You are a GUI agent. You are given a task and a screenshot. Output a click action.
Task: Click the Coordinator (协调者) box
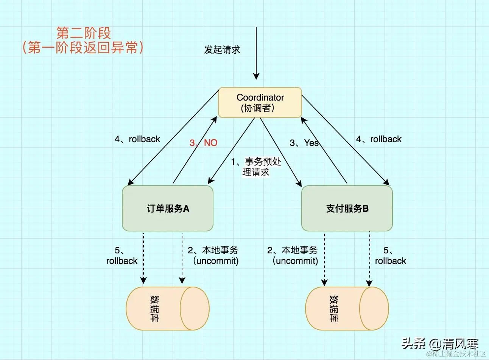(x=260, y=102)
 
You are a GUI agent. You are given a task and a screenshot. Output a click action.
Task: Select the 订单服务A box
(x=168, y=208)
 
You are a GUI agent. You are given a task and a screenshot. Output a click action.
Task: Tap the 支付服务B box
(x=347, y=208)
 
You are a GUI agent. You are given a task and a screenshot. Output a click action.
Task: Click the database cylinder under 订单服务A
(x=167, y=308)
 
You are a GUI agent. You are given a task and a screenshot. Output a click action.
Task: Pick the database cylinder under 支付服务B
(x=347, y=308)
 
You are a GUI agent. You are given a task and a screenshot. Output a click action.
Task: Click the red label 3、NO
(x=204, y=143)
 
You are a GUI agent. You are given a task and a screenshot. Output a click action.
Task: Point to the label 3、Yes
(x=304, y=143)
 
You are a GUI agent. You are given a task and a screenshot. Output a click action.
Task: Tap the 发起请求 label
(x=222, y=50)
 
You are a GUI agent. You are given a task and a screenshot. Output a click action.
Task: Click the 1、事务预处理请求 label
(x=256, y=167)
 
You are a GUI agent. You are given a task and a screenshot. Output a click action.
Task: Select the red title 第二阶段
(x=83, y=33)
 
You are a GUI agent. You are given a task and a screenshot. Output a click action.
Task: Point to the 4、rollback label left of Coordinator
(x=137, y=139)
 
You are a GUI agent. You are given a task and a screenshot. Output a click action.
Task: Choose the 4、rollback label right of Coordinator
(x=378, y=139)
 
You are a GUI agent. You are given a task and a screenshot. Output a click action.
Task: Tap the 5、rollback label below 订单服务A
(x=122, y=256)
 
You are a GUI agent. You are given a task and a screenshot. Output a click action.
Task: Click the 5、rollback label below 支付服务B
(x=390, y=256)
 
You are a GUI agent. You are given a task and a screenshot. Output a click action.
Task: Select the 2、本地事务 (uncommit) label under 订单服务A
(x=213, y=256)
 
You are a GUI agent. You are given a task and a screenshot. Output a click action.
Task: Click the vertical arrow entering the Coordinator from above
(x=256, y=53)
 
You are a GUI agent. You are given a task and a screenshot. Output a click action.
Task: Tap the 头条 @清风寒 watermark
(x=440, y=343)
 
